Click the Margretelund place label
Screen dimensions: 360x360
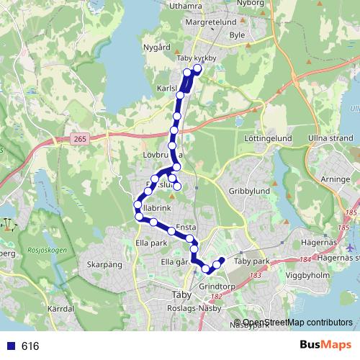211,22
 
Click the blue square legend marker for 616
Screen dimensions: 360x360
11,346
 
